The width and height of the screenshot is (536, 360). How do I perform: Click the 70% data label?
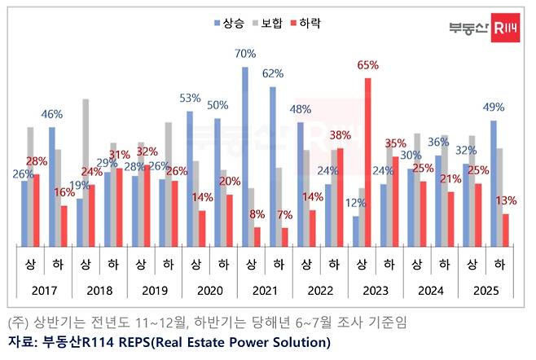tap(246, 55)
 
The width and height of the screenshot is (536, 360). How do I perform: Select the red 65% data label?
tap(368, 64)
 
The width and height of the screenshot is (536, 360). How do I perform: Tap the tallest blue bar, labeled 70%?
tap(245, 156)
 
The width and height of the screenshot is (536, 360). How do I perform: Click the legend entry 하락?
tap(310, 24)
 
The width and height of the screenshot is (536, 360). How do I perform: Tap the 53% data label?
tap(190, 98)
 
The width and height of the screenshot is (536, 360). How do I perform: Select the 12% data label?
tap(355, 203)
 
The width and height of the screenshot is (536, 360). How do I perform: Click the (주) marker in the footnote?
tap(17, 323)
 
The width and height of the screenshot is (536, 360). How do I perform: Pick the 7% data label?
tap(285, 214)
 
